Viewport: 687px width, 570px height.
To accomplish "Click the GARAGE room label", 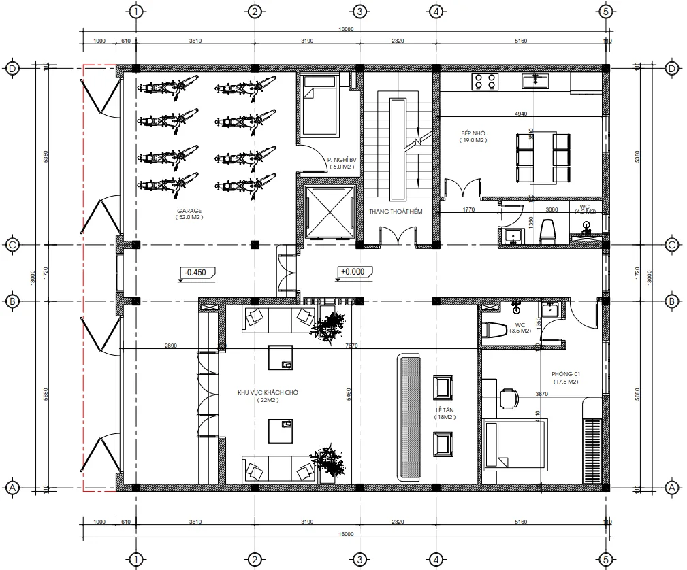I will pos(190,212).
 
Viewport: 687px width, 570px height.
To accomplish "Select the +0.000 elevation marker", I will pos(352,272).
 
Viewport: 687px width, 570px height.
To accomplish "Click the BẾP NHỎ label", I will pos(471,133).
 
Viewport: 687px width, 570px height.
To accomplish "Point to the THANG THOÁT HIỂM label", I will pos(396,212).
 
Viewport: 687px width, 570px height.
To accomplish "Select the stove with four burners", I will pos(485,82).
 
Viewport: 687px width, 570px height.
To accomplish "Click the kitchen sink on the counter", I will pos(535,82).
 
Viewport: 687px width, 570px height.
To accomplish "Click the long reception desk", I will pos(410,416).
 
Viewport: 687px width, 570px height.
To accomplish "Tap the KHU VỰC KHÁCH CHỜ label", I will pos(268,393).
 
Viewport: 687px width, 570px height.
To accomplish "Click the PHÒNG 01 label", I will pos(566,375).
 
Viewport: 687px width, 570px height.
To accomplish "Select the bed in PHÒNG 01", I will pos(514,443).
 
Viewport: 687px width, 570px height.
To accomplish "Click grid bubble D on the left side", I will pos(12,68).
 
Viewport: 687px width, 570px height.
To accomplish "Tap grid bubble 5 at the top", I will pos(605,11).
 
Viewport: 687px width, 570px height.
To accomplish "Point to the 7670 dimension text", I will pos(352,346).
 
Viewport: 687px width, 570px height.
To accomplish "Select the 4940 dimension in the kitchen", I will pos(521,114).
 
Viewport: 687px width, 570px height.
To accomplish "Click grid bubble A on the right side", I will pos(671,488).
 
